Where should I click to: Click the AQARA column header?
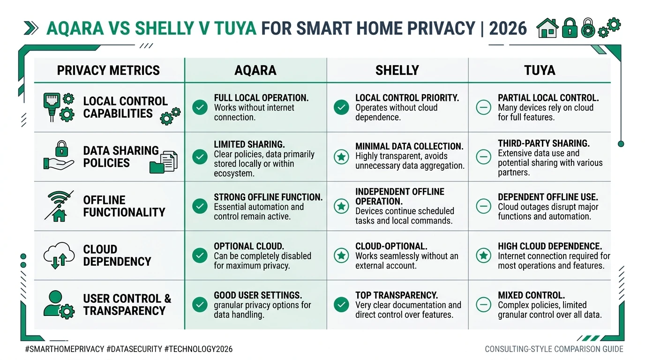point(255,70)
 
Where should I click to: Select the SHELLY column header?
point(397,70)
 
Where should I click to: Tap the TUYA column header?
point(540,70)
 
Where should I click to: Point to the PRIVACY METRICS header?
point(108,70)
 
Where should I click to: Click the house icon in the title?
point(547,28)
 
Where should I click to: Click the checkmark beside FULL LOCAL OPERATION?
point(200,107)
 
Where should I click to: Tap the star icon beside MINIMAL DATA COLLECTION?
point(341,157)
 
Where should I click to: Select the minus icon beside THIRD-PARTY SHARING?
point(483,157)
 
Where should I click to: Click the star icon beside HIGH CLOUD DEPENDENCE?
point(483,255)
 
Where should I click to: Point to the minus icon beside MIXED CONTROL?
point(483,305)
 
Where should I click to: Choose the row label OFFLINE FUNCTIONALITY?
point(124,206)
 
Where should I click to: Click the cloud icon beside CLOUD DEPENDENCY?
point(59,255)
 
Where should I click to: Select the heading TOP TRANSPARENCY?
point(397,295)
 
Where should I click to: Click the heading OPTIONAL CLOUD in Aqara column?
point(248,246)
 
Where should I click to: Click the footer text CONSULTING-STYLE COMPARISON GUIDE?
point(554,349)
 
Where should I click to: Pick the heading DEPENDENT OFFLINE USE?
point(547,197)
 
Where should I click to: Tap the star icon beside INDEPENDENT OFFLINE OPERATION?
point(341,206)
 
